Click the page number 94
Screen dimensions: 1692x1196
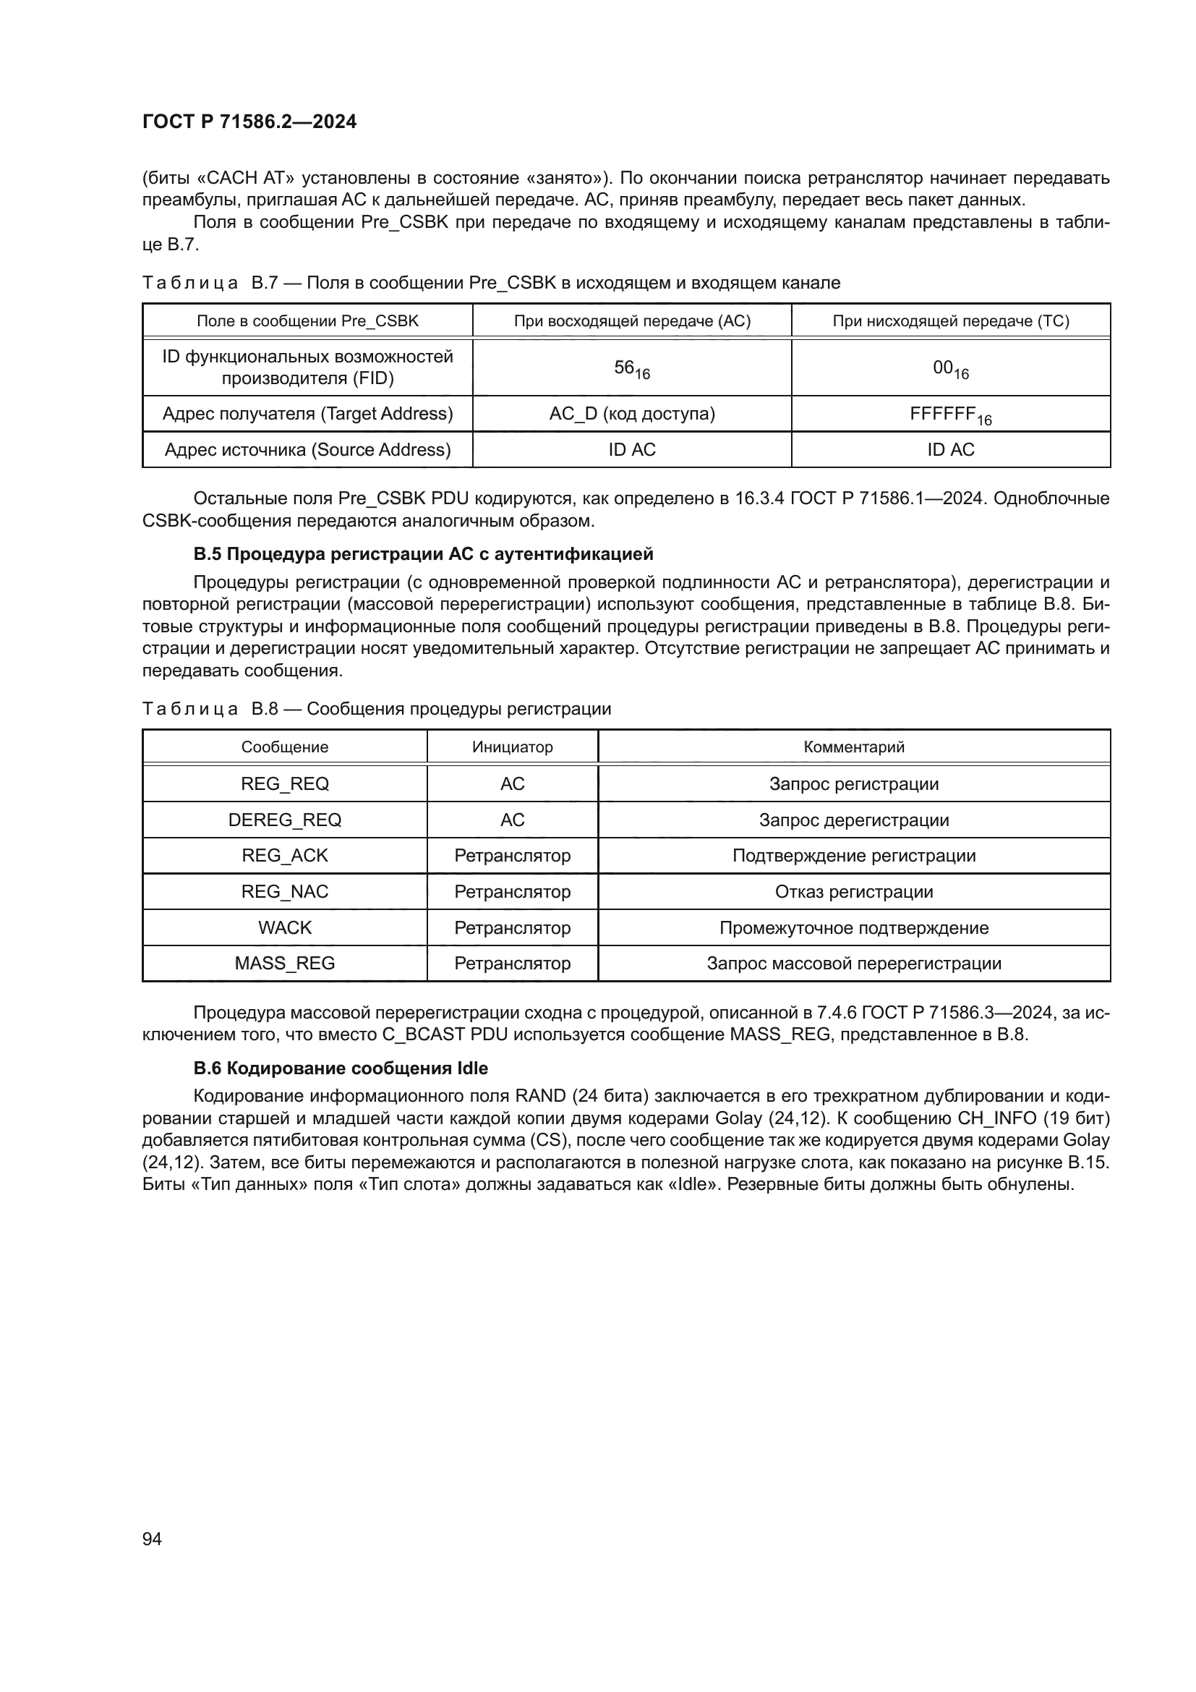coord(152,1539)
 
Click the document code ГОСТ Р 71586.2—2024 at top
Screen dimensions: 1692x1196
coord(249,122)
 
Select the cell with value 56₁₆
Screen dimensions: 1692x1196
coord(631,368)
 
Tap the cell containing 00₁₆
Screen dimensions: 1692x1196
coord(950,368)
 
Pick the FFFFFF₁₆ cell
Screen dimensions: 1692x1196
coord(950,415)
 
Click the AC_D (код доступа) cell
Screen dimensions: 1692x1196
coord(631,414)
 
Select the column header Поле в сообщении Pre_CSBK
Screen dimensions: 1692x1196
coord(307,320)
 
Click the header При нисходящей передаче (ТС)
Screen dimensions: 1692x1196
coord(950,320)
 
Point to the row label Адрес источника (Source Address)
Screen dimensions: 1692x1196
coord(307,449)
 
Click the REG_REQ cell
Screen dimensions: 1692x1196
coord(284,783)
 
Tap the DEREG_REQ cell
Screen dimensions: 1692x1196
coord(284,820)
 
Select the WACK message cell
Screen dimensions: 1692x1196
coord(284,927)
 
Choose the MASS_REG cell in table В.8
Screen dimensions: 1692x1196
coord(284,963)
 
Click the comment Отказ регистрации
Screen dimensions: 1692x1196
coord(853,892)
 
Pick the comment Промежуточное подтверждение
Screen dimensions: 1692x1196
coord(853,927)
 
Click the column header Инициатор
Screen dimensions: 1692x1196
coord(512,747)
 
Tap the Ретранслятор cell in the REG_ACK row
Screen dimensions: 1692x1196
coord(512,856)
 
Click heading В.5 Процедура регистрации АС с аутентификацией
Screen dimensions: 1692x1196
coord(423,553)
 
